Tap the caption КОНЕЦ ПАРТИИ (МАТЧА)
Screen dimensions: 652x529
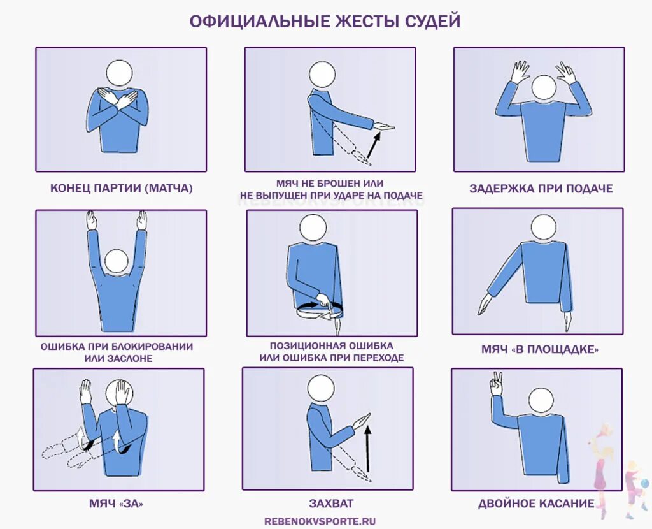pyautogui.click(x=122, y=189)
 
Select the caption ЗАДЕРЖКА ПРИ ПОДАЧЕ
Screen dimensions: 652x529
pyautogui.click(x=541, y=189)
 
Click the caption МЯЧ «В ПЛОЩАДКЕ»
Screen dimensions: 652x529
pyautogui.click(x=540, y=349)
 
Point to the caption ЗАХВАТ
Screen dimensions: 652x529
pyautogui.click(x=331, y=504)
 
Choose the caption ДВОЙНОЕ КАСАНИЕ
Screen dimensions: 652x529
pyautogui.click(x=536, y=504)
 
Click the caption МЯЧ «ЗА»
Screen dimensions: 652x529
pyautogui.click(x=116, y=504)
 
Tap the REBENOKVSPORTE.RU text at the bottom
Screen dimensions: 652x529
pyautogui.click(x=320, y=521)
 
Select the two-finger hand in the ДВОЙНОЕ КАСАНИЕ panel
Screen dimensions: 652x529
pyautogui.click(x=495, y=385)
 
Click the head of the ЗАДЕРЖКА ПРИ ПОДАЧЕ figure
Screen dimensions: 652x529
pyautogui.click(x=544, y=87)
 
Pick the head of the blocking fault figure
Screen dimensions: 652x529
pyautogui.click(x=117, y=261)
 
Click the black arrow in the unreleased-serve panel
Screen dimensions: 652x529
pyautogui.click(x=374, y=145)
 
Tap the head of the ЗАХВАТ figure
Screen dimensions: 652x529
pyautogui.click(x=320, y=388)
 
